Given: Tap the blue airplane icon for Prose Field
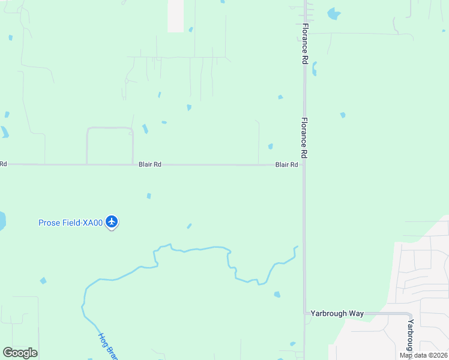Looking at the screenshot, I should pyautogui.click(x=112, y=222).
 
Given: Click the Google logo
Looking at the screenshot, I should pyautogui.click(x=20, y=353).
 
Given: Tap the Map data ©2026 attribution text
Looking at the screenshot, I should pyautogui.click(x=424, y=355).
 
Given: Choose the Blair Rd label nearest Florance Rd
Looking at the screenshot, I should pyautogui.click(x=287, y=164).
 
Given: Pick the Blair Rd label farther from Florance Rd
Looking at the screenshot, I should pyautogui.click(x=150, y=164).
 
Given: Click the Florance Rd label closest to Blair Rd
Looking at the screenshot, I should pyautogui.click(x=305, y=137).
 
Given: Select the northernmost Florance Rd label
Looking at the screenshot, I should pyautogui.click(x=305, y=44).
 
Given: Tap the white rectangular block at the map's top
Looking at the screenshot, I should pyautogui.click(x=175, y=16).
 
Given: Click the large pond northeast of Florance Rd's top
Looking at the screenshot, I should pyautogui.click(x=333, y=13).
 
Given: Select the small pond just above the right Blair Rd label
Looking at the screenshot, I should pyautogui.click(x=271, y=146).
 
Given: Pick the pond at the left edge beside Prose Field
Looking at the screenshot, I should pyautogui.click(x=2, y=221).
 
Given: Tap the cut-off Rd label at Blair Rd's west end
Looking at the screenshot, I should pyautogui.click(x=3, y=164).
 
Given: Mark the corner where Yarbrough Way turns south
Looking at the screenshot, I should pyautogui.click(x=410, y=314).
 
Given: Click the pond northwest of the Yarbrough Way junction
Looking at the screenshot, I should pyautogui.click(x=277, y=295).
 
